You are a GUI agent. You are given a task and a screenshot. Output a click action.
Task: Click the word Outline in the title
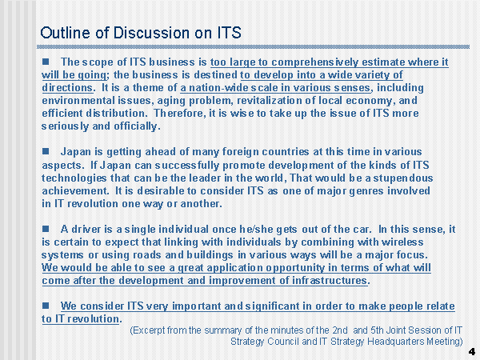[66, 33]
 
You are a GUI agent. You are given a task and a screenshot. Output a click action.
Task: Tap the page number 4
[472, 351]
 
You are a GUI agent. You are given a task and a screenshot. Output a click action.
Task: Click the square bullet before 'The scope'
[46, 62]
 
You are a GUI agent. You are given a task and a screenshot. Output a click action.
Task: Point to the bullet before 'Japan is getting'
[46, 151]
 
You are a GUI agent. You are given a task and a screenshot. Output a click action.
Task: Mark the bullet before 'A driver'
[46, 229]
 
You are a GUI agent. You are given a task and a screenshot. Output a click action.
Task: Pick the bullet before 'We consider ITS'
[46, 306]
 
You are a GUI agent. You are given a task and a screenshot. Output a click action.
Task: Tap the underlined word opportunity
[295, 268]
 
